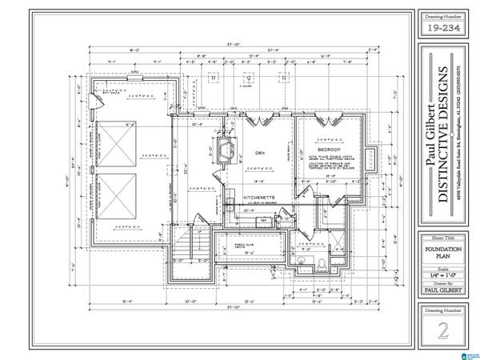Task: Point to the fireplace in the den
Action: [227, 146]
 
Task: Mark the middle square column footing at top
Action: [250, 78]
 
